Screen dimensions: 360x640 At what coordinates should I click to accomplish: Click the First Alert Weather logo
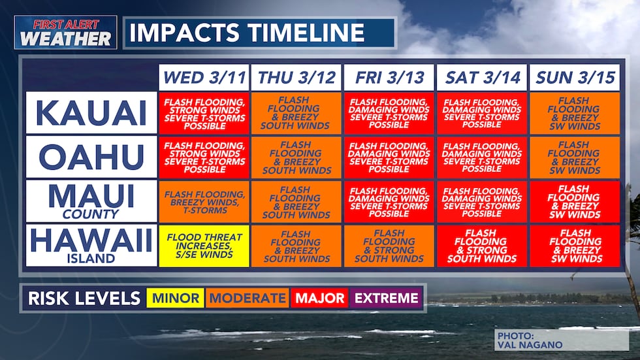(65, 33)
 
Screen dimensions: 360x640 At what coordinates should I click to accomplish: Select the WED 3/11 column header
(204, 78)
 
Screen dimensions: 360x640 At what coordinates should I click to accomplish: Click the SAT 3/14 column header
(482, 78)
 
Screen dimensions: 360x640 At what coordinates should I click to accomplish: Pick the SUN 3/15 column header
(575, 78)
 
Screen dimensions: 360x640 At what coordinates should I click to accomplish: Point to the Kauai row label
(91, 113)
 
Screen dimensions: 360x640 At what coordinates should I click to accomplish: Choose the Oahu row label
(91, 157)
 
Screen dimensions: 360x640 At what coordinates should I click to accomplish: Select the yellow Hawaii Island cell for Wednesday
(204, 246)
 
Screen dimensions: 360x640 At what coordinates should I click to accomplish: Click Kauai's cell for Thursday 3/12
(296, 113)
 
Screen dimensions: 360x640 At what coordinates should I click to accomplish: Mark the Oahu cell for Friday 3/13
(389, 157)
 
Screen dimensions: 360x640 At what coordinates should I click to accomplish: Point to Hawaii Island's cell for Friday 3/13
(389, 246)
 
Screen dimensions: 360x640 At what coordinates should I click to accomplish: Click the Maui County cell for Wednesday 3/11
(204, 201)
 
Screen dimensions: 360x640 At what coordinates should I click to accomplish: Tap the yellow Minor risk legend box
(175, 299)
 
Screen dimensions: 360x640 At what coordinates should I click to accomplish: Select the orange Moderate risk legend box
(247, 299)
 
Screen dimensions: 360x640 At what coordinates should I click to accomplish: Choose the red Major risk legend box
(319, 299)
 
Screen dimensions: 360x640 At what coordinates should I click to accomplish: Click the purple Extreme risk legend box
(385, 299)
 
